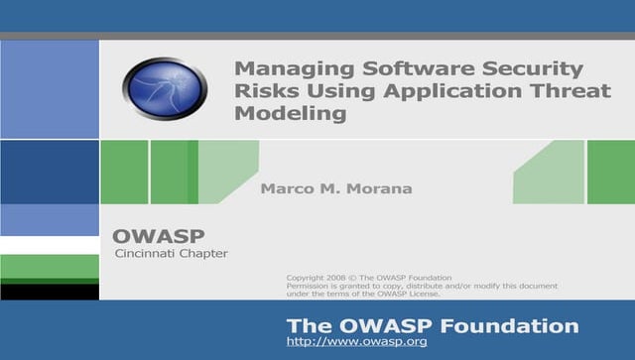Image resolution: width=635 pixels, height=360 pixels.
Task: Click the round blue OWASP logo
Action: [165, 88]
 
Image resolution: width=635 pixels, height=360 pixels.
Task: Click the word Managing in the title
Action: [283, 69]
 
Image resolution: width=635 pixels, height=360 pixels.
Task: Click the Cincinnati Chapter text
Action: [171, 254]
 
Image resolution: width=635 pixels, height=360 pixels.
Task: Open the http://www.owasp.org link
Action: [356, 342]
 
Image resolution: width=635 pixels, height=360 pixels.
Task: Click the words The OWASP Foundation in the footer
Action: [432, 325]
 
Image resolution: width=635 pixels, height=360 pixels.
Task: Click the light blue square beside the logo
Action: [50, 89]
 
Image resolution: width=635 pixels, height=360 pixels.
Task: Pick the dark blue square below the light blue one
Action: [50, 172]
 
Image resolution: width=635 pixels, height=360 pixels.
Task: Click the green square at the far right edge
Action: [610, 172]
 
